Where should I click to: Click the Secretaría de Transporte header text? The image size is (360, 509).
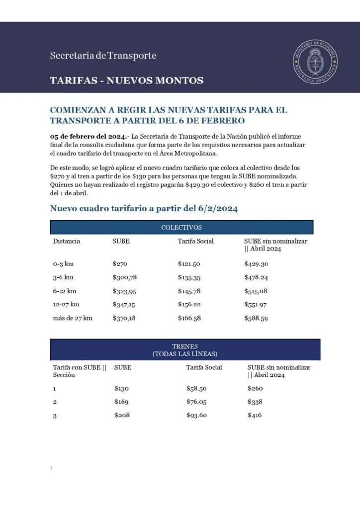[103, 56]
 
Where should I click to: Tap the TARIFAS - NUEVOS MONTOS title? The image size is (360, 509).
[127, 80]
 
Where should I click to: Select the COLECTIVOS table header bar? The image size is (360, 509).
[181, 227]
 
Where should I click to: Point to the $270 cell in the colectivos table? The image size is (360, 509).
[120, 264]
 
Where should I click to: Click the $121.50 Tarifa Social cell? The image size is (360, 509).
[189, 264]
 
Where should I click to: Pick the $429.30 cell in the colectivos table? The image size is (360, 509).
[256, 264]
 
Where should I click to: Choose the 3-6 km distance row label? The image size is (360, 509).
[63, 277]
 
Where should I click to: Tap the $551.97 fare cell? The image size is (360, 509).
[256, 304]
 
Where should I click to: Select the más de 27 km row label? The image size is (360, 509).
[73, 318]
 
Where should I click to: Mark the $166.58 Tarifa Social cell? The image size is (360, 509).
[189, 318]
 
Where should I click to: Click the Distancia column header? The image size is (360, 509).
[67, 241]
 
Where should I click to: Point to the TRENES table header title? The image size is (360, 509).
[185, 349]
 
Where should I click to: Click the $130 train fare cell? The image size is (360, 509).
[122, 388]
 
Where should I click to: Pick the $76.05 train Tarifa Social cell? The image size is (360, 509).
[196, 402]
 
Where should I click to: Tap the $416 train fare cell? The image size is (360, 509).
[255, 415]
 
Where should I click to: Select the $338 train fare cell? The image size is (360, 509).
[255, 402]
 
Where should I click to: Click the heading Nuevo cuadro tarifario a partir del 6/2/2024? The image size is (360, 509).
[144, 209]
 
